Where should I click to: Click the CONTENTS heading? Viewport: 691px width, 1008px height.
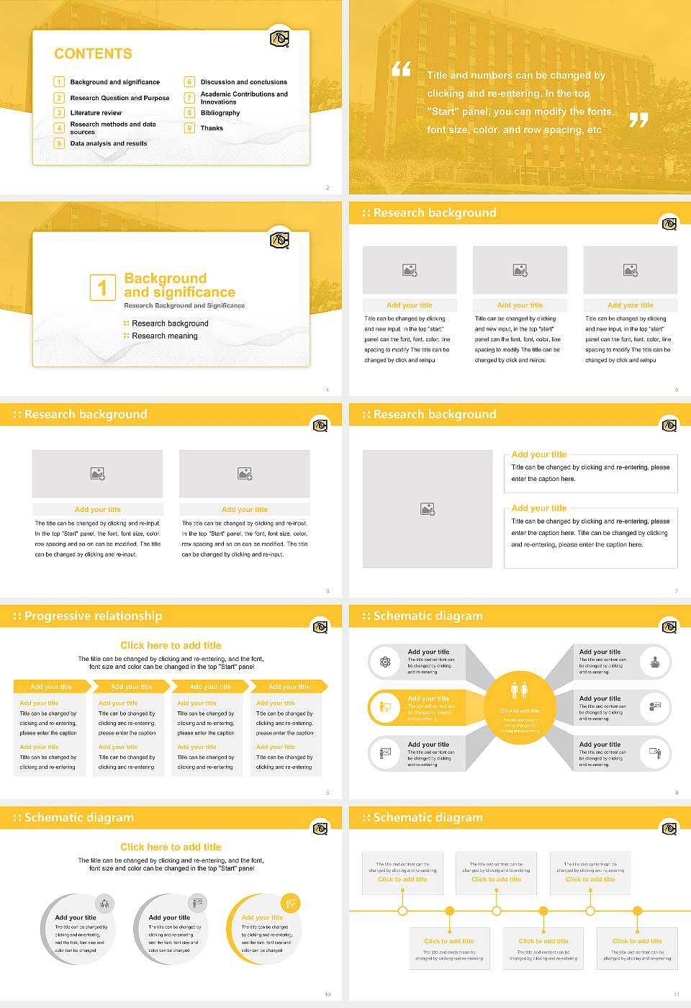(x=93, y=53)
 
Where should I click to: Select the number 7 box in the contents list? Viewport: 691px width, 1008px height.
(x=189, y=98)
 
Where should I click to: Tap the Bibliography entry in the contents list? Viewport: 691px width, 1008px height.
(x=220, y=113)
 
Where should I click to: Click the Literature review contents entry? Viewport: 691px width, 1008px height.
(x=96, y=113)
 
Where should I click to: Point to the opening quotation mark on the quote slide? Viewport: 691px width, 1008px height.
(x=401, y=69)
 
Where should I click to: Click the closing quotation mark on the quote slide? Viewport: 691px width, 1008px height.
(x=638, y=120)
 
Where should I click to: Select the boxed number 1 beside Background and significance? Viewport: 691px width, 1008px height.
(x=102, y=287)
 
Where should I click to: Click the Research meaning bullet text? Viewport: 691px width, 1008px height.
(x=164, y=336)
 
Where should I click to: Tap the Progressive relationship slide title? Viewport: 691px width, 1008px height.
(x=93, y=616)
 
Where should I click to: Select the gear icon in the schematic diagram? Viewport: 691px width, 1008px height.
(x=385, y=662)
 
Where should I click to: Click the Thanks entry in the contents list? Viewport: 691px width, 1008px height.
(x=212, y=128)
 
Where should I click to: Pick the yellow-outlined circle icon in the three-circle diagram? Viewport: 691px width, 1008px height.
(x=290, y=903)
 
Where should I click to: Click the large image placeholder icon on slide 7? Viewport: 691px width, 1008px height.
(x=428, y=509)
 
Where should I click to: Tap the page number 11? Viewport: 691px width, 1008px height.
(x=677, y=994)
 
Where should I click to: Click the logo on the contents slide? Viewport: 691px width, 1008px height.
(x=279, y=39)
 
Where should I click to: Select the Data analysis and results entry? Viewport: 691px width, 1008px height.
(x=109, y=143)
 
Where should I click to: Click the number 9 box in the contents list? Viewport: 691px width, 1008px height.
(x=189, y=128)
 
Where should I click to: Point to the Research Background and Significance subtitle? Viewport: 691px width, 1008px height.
(x=184, y=306)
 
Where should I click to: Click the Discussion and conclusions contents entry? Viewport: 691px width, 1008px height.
(x=243, y=82)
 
